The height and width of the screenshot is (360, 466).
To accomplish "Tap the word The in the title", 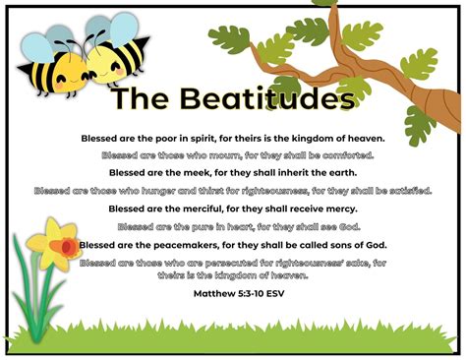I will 138,99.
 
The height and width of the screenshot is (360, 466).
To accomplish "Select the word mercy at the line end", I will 339,209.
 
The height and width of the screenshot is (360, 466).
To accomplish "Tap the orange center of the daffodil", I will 66,244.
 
